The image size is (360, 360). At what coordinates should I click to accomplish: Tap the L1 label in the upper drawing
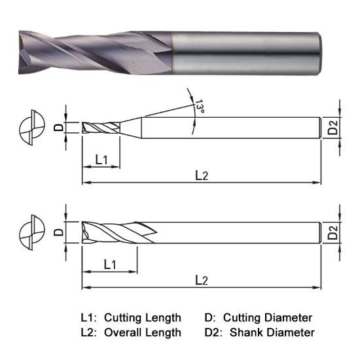tap(101, 159)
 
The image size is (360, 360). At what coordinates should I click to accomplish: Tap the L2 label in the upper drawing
tap(201, 175)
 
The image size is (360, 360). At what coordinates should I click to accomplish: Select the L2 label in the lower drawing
tap(201, 279)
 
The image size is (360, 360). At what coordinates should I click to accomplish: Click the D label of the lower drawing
tap(58, 232)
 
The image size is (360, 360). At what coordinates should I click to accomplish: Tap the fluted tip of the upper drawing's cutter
tap(98, 128)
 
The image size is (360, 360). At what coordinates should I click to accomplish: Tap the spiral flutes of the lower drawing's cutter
tap(118, 232)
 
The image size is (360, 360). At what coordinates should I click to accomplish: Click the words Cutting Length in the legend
tap(142, 317)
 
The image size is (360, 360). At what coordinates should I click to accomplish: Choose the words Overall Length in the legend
tap(142, 333)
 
